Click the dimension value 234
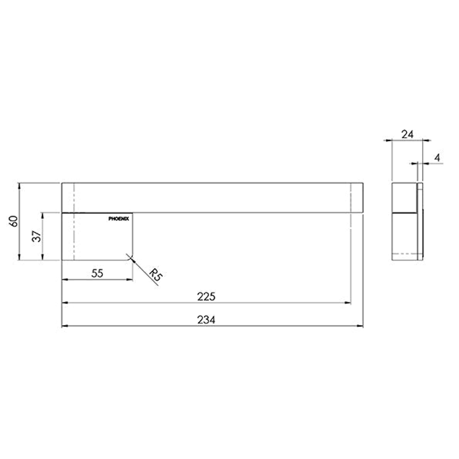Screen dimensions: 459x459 [206, 320]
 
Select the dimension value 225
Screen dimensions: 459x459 [206, 297]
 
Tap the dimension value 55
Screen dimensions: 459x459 [97, 273]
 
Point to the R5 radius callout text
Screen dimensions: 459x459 [156, 276]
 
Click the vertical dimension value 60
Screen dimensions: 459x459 [14, 221]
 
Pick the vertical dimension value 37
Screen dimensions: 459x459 [37, 236]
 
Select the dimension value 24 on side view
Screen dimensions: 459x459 [407, 134]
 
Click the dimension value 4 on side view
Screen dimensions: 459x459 [437, 158]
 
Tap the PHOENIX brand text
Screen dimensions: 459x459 [119, 218]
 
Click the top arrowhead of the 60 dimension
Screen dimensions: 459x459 [19, 185]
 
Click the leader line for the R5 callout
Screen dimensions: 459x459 [144, 272]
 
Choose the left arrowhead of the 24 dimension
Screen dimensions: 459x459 [394, 139]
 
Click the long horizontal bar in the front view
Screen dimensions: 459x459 [212, 198]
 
